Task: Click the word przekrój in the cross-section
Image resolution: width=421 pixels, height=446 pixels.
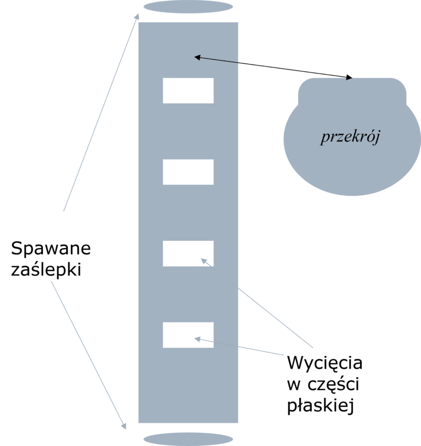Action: coord(350,137)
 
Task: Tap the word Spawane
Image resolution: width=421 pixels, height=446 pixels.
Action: coord(51,248)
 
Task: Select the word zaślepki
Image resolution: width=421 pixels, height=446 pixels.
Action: coord(46,269)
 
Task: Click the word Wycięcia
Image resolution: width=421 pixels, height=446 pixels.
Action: coord(325,363)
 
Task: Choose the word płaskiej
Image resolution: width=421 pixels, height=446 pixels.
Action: coord(320,405)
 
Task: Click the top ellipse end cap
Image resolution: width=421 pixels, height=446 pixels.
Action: coord(188,7)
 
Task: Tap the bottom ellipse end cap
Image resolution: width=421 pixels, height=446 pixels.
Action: coord(188,439)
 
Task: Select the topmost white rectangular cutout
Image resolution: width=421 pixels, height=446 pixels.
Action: coord(188,91)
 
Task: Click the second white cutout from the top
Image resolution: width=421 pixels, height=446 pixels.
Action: coord(188,172)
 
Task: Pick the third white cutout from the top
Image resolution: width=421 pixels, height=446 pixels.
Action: coord(188,253)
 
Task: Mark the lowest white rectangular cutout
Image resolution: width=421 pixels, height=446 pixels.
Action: coord(188,335)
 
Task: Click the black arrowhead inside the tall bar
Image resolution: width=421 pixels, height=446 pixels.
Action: coord(197,58)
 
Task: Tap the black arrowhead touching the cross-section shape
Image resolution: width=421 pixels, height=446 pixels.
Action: coord(349,77)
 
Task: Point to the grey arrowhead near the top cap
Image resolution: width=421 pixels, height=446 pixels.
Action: coord(136,17)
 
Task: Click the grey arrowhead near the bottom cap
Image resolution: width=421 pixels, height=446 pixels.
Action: coord(124,426)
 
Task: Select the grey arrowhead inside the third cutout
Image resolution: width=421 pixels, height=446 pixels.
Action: coord(204,261)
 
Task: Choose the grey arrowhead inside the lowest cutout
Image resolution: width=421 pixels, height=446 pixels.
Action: coord(197,339)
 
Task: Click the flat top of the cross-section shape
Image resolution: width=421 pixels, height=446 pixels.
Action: coord(352,78)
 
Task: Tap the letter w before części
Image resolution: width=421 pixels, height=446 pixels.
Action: coord(294,385)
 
